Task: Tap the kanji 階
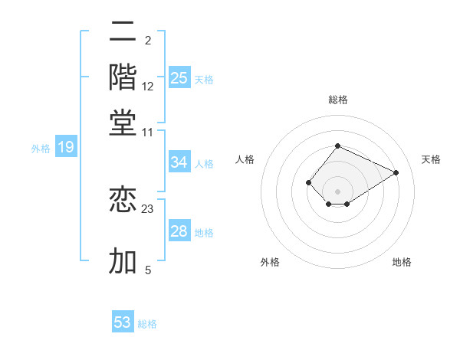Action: (123, 77)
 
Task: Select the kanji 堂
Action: (123, 123)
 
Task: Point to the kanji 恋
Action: (123, 199)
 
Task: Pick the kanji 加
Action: (123, 260)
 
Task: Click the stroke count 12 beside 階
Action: (148, 87)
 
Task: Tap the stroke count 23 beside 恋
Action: (148, 208)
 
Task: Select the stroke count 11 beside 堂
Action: (148, 132)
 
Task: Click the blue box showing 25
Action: (179, 77)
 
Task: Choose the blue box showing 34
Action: (179, 162)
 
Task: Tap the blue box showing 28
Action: (179, 231)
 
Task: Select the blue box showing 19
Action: (66, 147)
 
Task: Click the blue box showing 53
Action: (123, 322)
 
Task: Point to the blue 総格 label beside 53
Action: (147, 324)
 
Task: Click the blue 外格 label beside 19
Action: (41, 149)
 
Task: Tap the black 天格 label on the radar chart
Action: (431, 159)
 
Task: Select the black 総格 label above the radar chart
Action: (337, 100)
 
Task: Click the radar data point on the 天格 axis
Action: (396, 172)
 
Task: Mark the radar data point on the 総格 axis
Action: (337, 146)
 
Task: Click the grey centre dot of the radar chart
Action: (337, 191)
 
